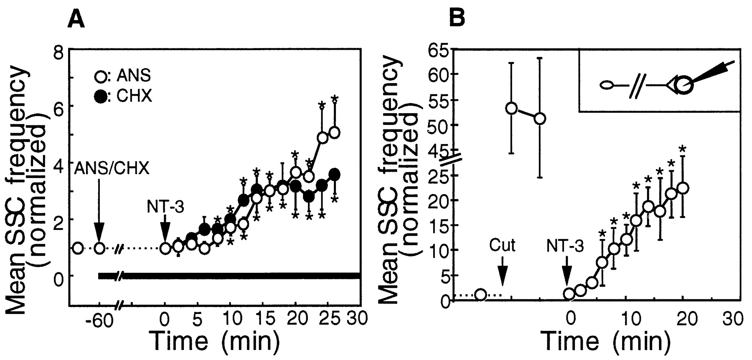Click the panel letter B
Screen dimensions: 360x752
pos(457,19)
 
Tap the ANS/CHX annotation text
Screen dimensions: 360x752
pos(112,169)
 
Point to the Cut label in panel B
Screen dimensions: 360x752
pos(502,245)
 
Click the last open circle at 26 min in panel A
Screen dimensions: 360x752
pos(334,132)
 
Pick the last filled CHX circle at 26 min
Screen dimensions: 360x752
pos(334,174)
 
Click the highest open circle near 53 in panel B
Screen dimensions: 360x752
pos(511,108)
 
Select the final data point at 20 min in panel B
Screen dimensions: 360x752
pos(683,188)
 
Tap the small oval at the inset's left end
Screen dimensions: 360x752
pos(607,86)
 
